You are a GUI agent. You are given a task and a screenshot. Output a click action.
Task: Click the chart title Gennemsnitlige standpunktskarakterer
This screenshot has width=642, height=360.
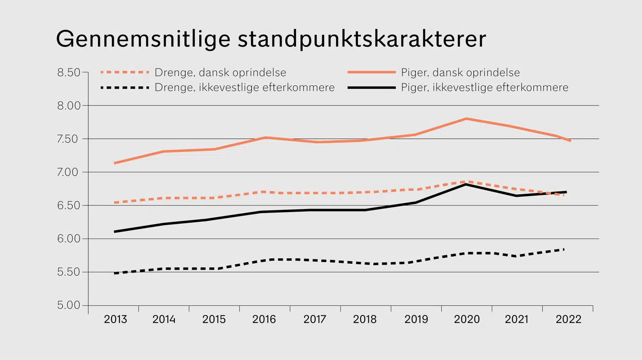coord(271,39)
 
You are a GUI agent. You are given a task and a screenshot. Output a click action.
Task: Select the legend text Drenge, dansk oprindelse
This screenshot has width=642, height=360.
coord(220,72)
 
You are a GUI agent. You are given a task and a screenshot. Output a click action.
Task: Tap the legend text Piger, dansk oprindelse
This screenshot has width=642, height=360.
coord(460,72)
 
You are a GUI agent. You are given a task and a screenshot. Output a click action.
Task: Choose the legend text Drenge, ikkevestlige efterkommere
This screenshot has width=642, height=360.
coord(244,87)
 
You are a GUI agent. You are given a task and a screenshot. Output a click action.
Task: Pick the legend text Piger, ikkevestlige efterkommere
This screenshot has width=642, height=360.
coord(485,87)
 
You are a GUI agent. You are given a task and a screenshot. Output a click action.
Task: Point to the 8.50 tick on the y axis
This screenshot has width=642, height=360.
coord(71,72)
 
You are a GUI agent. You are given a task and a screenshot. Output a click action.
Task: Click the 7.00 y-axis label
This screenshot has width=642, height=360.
coord(71,172)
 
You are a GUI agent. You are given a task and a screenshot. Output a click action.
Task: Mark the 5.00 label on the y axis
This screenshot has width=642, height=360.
coord(71,306)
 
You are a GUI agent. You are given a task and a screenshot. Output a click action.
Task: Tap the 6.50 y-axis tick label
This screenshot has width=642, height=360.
coord(71,205)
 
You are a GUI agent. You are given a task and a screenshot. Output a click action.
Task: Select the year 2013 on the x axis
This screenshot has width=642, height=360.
coord(115,319)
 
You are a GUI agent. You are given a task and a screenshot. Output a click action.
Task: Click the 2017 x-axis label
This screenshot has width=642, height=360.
coord(315,319)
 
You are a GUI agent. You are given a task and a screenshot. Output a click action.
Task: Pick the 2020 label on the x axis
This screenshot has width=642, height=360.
coord(466,319)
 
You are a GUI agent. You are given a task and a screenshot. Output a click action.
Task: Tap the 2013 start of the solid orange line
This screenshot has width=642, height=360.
coord(115,163)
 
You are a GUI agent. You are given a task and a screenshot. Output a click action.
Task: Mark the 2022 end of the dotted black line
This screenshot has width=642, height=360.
coord(564,250)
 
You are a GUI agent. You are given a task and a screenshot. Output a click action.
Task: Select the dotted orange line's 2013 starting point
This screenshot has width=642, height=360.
coord(115,203)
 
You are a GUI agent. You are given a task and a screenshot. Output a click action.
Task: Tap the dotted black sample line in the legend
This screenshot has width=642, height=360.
coord(125,88)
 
